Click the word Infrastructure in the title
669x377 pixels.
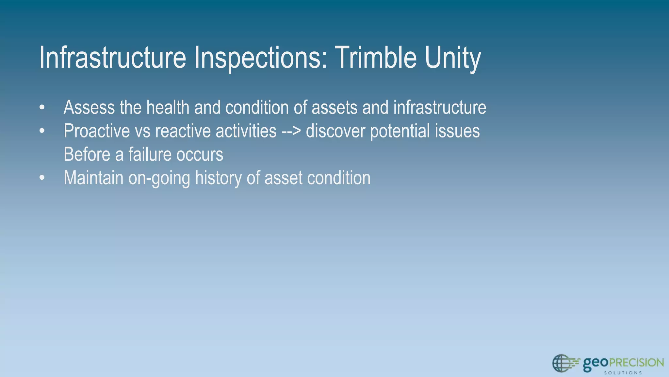[112, 58]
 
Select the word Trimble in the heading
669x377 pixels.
[376, 58]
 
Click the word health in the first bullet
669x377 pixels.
[168, 107]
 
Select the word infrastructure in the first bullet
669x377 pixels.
[440, 107]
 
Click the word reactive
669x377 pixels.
[183, 131]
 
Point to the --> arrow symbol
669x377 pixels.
[291, 131]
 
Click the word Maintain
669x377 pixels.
[93, 178]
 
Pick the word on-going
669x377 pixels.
[159, 178]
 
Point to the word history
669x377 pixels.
[218, 178]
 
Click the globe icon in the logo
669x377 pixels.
[561, 363]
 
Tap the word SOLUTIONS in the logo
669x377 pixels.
[623, 373]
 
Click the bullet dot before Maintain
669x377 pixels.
[41, 178]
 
